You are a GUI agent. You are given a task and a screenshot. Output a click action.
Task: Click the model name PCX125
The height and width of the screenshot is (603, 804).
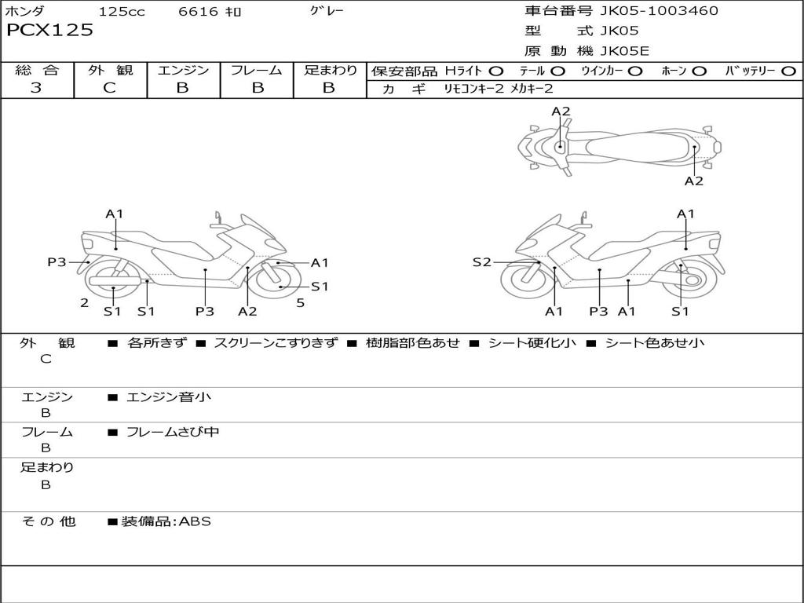49,31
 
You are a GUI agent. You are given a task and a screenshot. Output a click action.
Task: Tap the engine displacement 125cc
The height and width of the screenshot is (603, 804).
122,12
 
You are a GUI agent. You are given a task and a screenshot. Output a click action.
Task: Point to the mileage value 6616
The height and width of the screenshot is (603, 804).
199,12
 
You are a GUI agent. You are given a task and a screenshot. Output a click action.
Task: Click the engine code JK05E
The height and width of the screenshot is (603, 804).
624,52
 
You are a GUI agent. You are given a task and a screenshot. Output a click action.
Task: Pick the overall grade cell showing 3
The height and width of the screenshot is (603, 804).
36,88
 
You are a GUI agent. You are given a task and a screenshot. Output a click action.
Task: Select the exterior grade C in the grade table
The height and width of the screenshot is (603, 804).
110,88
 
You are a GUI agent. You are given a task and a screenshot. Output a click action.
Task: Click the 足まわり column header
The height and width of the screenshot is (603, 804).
330,70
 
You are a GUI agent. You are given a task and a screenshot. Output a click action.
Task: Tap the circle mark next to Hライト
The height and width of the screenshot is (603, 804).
495,71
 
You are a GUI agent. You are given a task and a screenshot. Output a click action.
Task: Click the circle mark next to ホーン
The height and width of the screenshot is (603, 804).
700,71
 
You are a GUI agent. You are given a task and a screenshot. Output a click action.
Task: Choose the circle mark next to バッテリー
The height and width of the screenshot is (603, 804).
789,71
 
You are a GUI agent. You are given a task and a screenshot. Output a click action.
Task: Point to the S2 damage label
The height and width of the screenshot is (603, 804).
481,262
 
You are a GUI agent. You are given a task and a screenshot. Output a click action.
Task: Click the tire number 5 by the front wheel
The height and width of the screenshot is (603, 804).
300,302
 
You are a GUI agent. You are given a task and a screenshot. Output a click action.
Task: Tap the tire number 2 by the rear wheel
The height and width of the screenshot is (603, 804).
84,302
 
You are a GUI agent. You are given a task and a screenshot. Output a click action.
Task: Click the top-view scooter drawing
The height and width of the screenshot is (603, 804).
619,147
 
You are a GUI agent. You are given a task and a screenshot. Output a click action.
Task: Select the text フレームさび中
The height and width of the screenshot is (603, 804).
173,432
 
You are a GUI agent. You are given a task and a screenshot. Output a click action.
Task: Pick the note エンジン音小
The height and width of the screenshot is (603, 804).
169,397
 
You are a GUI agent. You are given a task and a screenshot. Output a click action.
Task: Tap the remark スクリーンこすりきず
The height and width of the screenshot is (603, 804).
276,343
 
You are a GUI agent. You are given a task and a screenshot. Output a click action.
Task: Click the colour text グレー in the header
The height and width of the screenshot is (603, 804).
327,11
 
